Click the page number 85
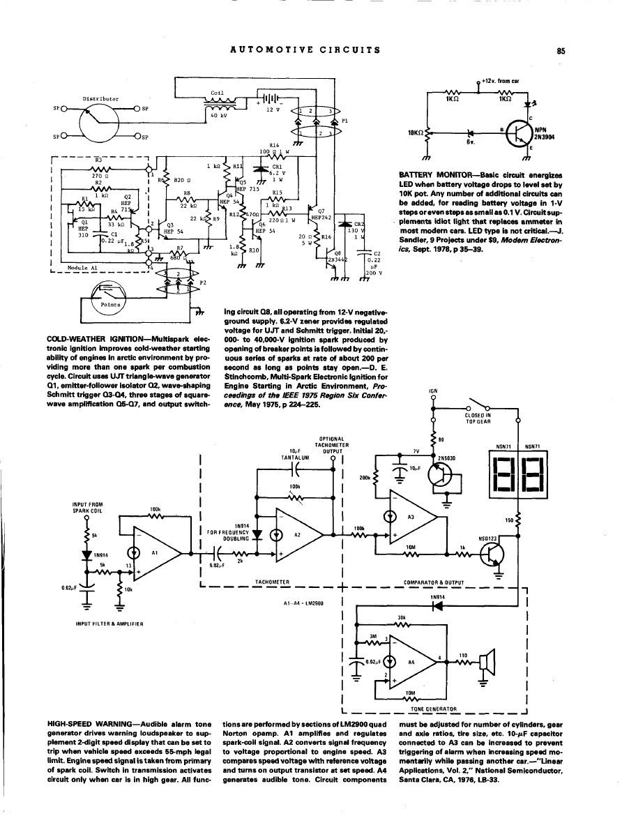(x=560, y=50)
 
